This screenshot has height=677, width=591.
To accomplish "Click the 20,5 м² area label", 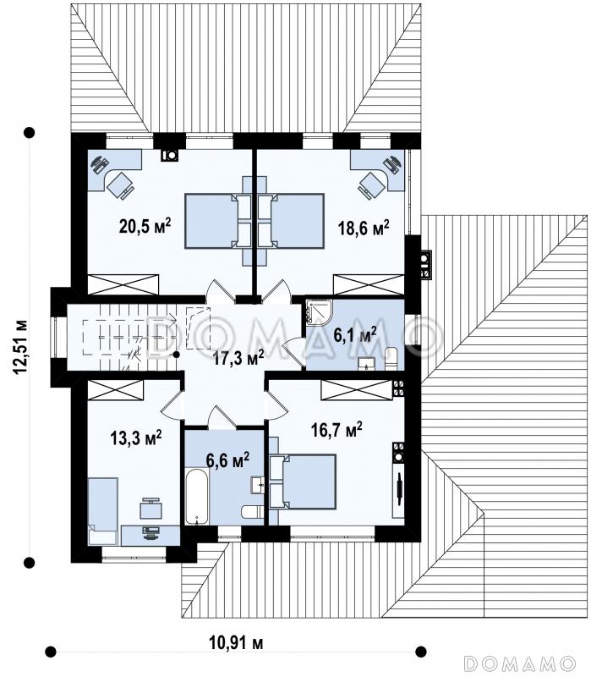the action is [x=145, y=226].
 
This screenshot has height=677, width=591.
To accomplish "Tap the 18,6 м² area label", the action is [x=364, y=227].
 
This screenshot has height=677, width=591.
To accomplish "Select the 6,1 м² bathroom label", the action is [x=355, y=334].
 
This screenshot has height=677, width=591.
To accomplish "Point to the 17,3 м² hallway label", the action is [x=238, y=358].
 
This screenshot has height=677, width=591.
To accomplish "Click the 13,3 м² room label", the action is [x=136, y=438].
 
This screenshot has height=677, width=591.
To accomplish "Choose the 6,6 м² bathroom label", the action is [x=227, y=460].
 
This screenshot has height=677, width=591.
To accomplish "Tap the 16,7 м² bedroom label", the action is [x=337, y=430].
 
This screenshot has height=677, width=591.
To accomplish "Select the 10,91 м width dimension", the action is [x=236, y=643].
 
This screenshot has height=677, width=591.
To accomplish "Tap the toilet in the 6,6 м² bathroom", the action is [x=252, y=512].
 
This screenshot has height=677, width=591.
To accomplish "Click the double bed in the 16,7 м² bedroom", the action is [x=303, y=481].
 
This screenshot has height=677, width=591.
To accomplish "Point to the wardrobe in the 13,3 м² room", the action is [x=115, y=390].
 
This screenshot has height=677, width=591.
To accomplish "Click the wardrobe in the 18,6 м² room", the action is [x=369, y=284].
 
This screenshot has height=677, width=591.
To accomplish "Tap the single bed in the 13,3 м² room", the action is [x=102, y=511].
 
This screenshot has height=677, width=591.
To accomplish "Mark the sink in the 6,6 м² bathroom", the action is [x=258, y=485].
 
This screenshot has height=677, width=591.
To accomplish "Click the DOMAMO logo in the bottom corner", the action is [x=520, y=663].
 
